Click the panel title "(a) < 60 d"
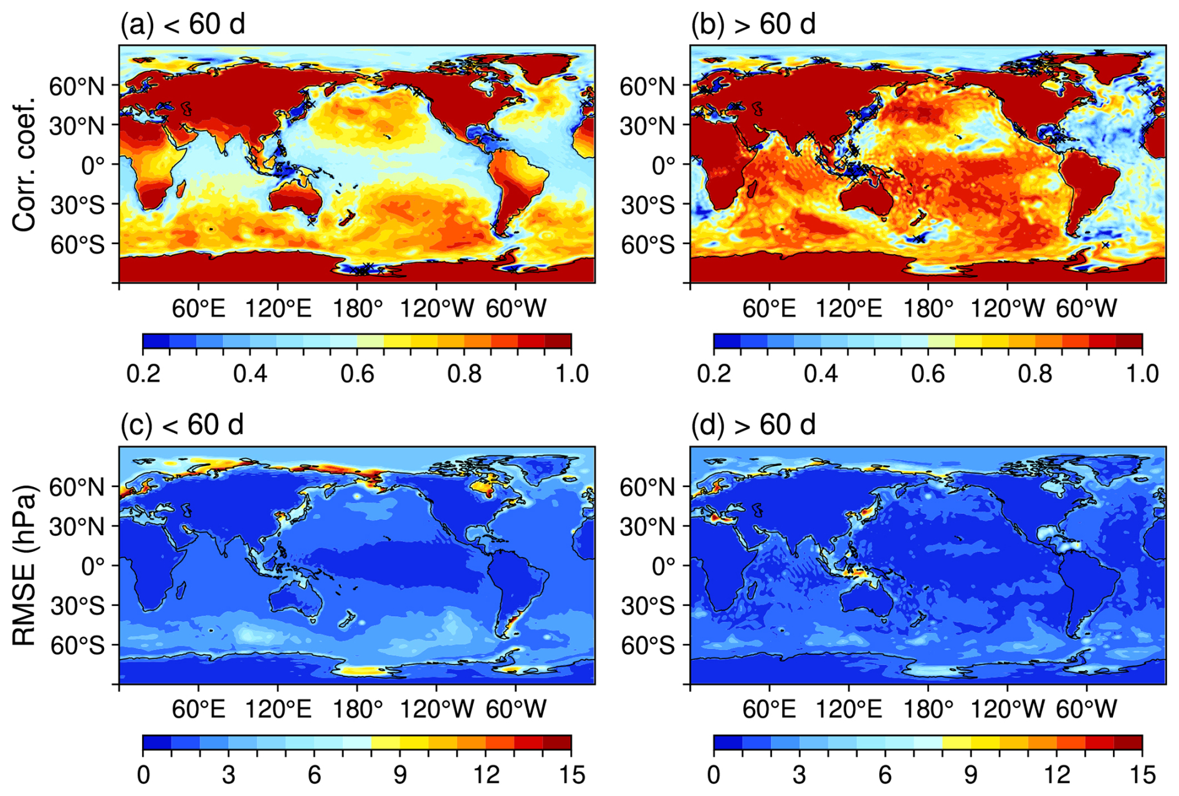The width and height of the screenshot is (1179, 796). (x=183, y=24)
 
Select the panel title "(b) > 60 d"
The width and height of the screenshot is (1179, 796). (x=753, y=24)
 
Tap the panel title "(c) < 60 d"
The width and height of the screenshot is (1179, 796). (x=183, y=425)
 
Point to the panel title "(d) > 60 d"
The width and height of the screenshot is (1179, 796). (x=753, y=425)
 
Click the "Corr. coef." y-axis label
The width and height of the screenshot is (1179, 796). (x=25, y=164)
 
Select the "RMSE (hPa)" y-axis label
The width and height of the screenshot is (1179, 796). (x=25, y=564)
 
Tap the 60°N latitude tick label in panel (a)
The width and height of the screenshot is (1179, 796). (x=77, y=86)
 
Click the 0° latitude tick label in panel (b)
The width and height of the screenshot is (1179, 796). (x=664, y=165)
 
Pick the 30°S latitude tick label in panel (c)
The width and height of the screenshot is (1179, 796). (x=77, y=605)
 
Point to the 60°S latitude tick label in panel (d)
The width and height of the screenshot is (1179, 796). (x=647, y=645)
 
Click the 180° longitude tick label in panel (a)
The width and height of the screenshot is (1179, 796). (x=357, y=308)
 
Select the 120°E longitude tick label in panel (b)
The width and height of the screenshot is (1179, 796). (x=849, y=308)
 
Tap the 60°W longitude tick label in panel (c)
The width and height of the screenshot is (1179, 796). (x=516, y=709)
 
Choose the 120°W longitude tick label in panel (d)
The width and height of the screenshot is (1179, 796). (x=1007, y=709)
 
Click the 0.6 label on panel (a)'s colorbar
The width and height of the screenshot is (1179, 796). (x=357, y=374)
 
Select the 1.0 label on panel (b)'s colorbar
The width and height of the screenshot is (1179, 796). (x=1142, y=374)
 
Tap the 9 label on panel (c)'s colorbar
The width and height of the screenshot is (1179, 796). (x=400, y=775)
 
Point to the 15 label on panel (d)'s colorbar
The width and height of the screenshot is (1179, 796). (x=1142, y=775)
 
